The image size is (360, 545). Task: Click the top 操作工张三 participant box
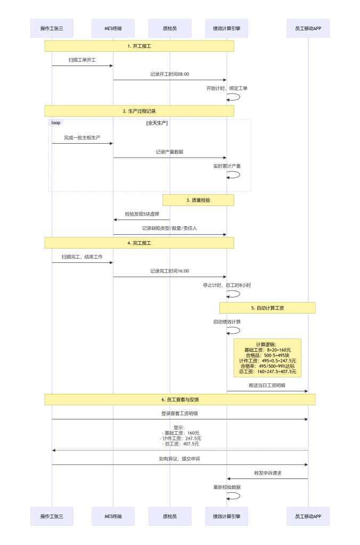[x=52, y=28]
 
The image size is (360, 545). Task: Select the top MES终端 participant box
[x=113, y=28]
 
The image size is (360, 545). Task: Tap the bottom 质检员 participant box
[x=170, y=516]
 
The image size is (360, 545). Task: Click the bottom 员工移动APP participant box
[x=308, y=516]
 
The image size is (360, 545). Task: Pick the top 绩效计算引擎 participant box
[x=226, y=28]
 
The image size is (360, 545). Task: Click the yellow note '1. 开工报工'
[x=139, y=46]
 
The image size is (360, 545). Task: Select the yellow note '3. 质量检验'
[x=198, y=200]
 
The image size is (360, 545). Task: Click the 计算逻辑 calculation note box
[x=267, y=358]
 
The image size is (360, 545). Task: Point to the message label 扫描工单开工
[x=82, y=60]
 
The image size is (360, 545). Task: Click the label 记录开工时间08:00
[x=169, y=74]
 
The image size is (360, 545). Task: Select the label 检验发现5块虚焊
[x=142, y=214]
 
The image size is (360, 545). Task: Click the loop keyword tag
[x=56, y=122]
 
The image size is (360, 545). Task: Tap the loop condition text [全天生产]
[x=157, y=123]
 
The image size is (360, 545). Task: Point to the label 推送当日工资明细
[x=267, y=385]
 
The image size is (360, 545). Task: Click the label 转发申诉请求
[x=267, y=473]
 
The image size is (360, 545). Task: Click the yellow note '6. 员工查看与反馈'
[x=180, y=399]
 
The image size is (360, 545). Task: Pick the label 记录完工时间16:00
[x=169, y=271]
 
